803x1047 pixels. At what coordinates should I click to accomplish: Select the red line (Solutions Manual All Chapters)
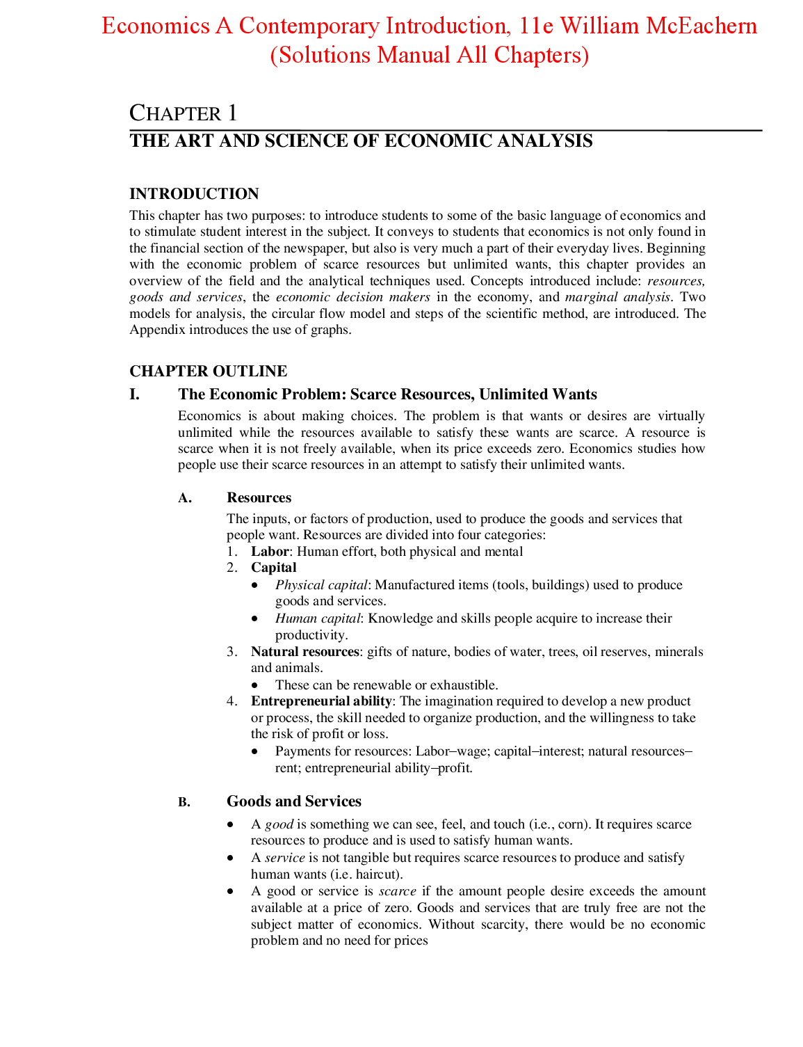pyautogui.click(x=429, y=55)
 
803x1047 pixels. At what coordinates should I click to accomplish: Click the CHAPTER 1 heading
pyautogui.click(x=184, y=113)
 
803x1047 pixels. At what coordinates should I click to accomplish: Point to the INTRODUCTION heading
pyautogui.click(x=194, y=193)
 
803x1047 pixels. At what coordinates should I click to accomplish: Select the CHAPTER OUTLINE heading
pyautogui.click(x=208, y=371)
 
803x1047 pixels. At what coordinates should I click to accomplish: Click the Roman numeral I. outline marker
pyautogui.click(x=134, y=394)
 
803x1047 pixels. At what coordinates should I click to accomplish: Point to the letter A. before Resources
pyautogui.click(x=184, y=498)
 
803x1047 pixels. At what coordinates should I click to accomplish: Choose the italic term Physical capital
pyautogui.click(x=321, y=585)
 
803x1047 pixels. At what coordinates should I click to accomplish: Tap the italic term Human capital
pyautogui.click(x=318, y=618)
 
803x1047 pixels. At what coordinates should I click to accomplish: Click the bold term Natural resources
pyautogui.click(x=305, y=652)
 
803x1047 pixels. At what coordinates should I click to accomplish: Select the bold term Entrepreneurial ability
pyautogui.click(x=321, y=701)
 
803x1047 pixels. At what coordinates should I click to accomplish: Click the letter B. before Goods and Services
pyautogui.click(x=184, y=802)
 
